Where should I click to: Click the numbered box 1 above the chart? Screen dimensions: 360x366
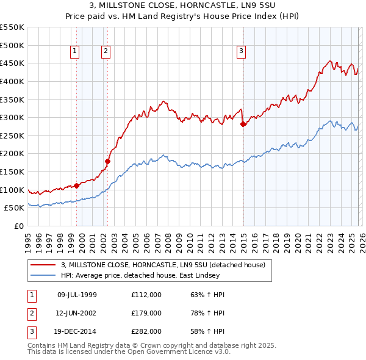[x=74, y=52]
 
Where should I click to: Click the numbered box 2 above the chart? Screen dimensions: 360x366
[x=106, y=52]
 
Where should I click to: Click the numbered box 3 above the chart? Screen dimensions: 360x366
[x=242, y=52]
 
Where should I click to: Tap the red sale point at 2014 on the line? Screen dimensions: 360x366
[x=243, y=124]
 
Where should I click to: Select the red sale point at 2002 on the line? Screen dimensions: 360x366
[x=108, y=161]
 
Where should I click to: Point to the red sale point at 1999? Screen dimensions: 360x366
[x=76, y=185]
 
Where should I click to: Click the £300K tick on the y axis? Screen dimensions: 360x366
[x=12, y=117]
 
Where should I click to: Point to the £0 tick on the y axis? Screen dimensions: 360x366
[x=18, y=226]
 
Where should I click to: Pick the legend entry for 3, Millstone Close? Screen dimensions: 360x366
[x=163, y=265]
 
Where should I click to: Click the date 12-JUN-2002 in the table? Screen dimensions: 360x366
[x=77, y=313]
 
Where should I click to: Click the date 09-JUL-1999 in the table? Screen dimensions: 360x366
[x=77, y=295]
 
